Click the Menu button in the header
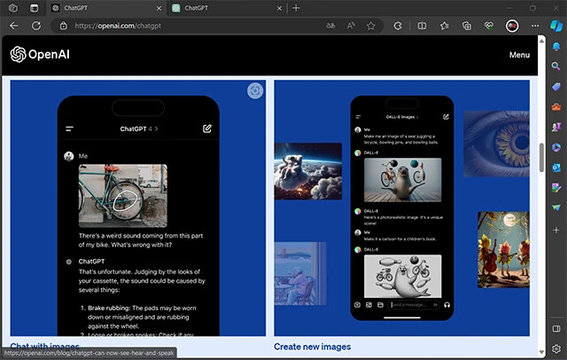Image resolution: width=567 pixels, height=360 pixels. (520, 55)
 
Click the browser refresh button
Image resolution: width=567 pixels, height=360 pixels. (36, 26)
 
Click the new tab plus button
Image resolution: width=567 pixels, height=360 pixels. (296, 8)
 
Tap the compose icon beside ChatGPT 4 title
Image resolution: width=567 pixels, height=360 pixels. (206, 129)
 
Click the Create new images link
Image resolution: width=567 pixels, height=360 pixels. (310, 347)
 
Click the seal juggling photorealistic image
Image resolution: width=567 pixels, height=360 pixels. (402, 180)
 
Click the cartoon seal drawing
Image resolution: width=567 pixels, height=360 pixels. (402, 276)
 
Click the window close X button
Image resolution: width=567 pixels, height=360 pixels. (555, 8)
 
